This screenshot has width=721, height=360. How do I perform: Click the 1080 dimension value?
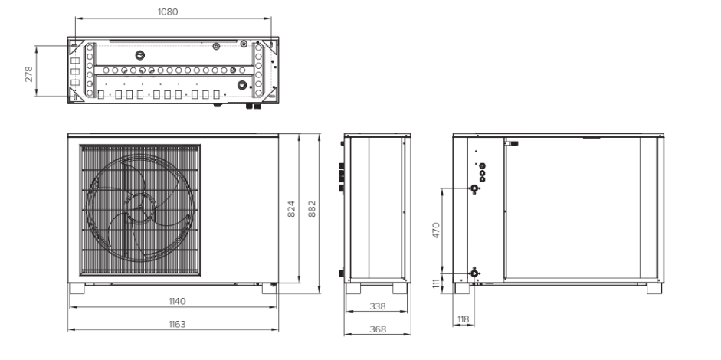[x=168, y=12]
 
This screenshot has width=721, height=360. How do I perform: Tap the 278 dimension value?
[x=29, y=74]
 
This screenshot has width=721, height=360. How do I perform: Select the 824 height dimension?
[x=291, y=209]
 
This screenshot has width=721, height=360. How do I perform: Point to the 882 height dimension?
[x=312, y=209]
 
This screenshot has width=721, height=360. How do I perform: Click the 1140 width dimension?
[x=177, y=301]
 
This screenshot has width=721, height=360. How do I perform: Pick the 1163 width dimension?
[x=176, y=324]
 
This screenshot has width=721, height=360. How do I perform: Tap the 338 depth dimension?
[x=378, y=306]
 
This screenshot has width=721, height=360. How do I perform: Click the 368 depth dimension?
[x=378, y=329]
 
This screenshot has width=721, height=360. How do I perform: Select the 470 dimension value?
[x=436, y=230]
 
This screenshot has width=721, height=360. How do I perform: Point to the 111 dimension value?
[x=436, y=283]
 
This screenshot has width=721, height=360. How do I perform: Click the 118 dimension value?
[x=464, y=319]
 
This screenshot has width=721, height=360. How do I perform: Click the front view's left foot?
[x=77, y=288]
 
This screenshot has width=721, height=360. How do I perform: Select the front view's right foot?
[x=270, y=288]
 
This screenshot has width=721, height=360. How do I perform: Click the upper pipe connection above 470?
[x=474, y=188]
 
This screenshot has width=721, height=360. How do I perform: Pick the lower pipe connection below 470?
[x=474, y=273]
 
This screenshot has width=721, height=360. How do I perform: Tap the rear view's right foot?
[x=654, y=288]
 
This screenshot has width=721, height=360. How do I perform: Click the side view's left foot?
[x=353, y=288]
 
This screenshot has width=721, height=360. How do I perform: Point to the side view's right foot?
[x=400, y=288]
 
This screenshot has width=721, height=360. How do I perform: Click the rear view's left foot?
[x=462, y=288]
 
